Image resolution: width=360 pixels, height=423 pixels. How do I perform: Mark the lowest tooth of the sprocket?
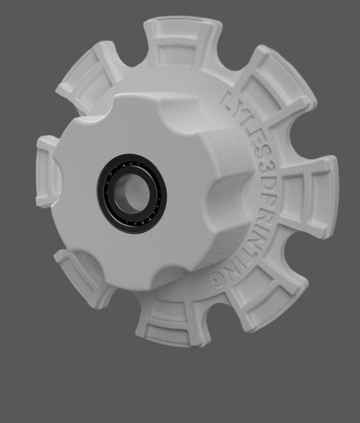pos(169,324)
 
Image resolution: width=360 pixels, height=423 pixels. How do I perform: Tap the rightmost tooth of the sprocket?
pos(321,196)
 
